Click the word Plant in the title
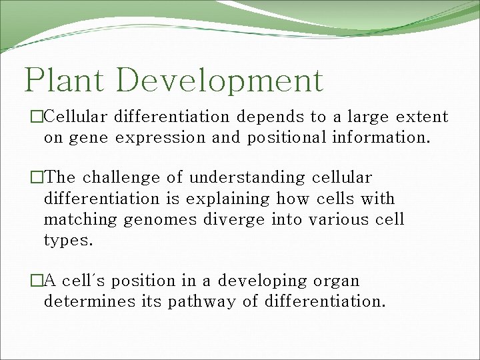65,81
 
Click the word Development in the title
219,81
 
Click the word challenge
125,178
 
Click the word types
68,241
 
